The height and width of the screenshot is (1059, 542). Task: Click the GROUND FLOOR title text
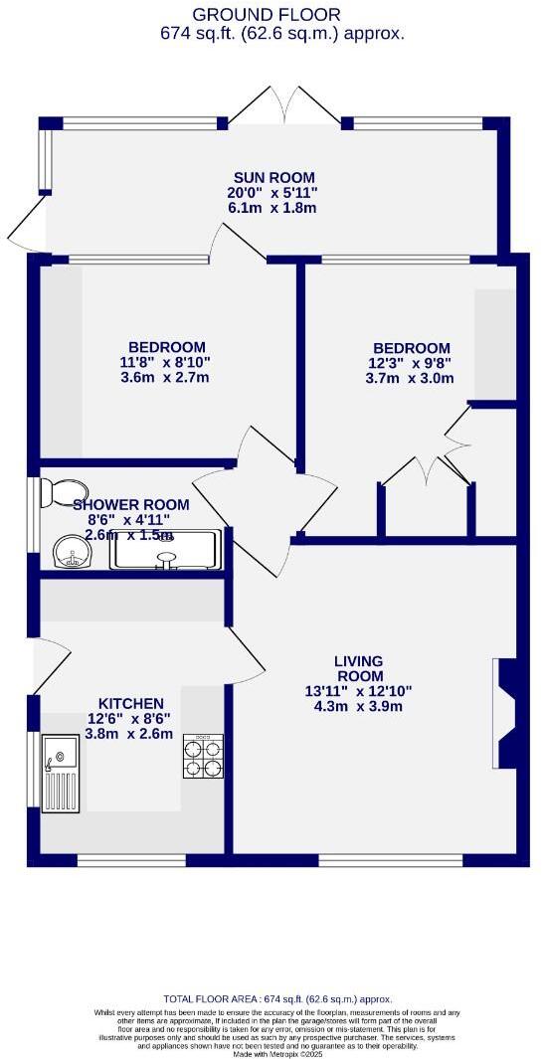266,14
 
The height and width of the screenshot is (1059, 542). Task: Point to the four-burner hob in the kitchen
203,756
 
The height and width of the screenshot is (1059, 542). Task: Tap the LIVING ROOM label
359,668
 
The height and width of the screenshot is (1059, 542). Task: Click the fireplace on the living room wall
504,714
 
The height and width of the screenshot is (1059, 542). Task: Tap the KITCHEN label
130,701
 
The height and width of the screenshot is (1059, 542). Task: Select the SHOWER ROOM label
131,504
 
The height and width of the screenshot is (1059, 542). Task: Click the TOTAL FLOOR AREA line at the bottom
277,999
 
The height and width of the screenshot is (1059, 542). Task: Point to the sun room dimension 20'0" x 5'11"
271,192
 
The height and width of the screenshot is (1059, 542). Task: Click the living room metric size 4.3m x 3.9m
359,706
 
